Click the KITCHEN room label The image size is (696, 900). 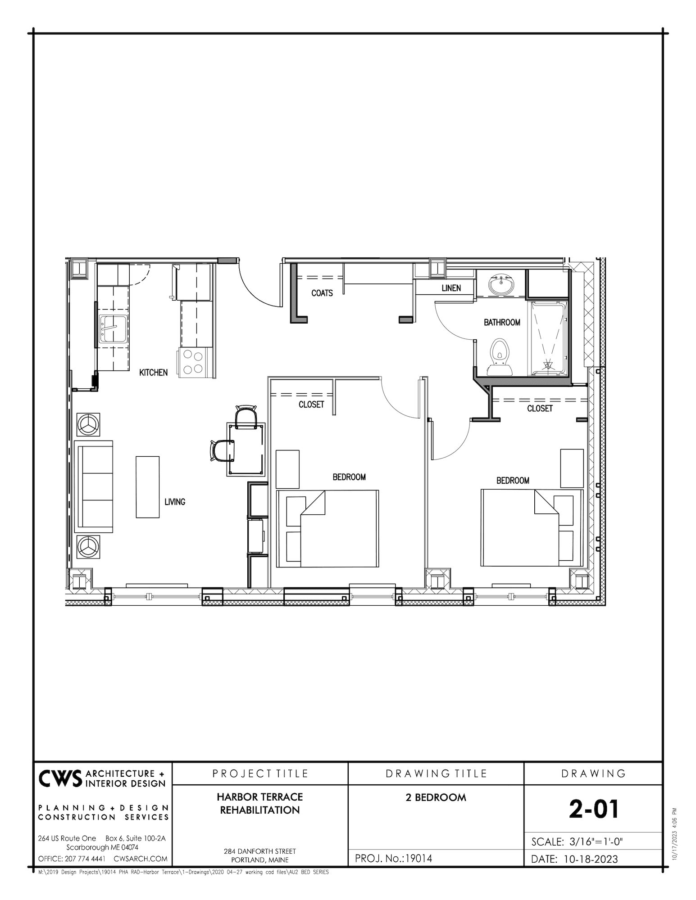pos(153,373)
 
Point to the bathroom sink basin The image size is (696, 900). pos(501,284)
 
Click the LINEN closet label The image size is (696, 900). pos(451,288)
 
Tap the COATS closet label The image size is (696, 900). pos(322,293)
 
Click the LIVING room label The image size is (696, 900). pos(175,502)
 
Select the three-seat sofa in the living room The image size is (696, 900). pos(95,487)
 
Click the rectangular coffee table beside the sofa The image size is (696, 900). pos(148,487)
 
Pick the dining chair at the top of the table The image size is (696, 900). pos(246,417)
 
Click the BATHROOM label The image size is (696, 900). pos(502,322)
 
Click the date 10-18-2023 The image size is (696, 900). pos(591,859)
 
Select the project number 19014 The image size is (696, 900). pos(419,858)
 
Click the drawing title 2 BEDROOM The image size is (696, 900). pos(436,797)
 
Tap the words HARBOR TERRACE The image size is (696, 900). pos(260,797)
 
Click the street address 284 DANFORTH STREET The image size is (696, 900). pos(260,851)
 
